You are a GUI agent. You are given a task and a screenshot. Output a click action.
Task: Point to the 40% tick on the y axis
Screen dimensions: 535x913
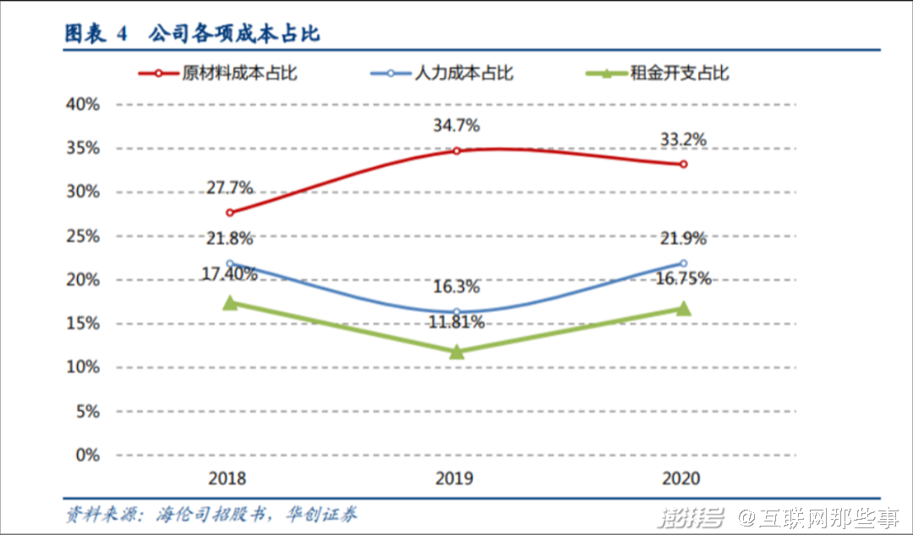point(82,104)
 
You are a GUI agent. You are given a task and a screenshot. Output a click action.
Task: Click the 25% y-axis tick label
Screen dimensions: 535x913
point(82,236)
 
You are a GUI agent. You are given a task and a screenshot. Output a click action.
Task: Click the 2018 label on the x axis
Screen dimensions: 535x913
point(227,478)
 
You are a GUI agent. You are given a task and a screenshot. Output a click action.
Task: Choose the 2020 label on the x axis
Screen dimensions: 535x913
point(681,478)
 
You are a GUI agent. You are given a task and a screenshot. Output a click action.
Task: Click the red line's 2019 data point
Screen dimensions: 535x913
point(456,150)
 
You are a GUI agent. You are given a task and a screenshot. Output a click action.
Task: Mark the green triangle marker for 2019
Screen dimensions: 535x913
point(456,351)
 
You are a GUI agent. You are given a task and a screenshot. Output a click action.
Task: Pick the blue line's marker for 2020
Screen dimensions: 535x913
point(683,263)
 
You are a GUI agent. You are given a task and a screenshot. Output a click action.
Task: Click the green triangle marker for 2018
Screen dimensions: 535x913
point(230,303)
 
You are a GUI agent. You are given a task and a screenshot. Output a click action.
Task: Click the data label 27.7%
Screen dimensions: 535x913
point(229,188)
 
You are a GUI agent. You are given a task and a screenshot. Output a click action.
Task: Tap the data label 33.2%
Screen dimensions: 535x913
point(683,139)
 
